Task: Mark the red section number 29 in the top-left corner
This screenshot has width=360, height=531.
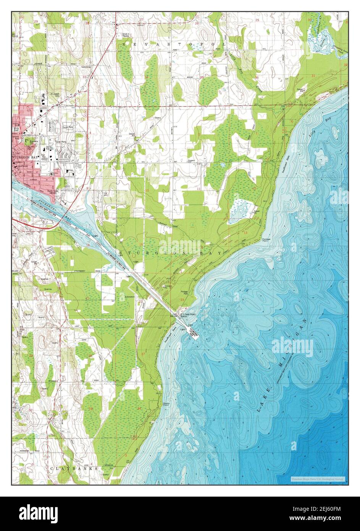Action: [36, 23]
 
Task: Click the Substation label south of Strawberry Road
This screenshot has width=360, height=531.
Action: [130, 296]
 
